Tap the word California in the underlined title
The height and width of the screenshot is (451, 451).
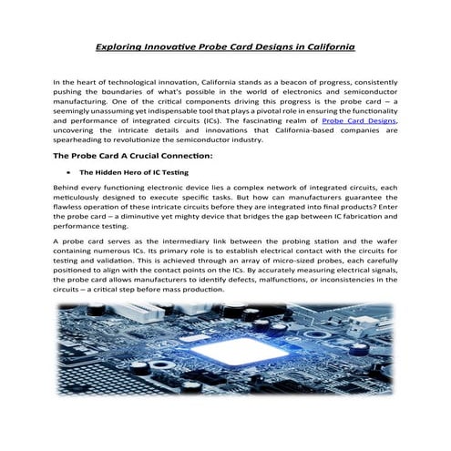[x=326, y=45]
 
